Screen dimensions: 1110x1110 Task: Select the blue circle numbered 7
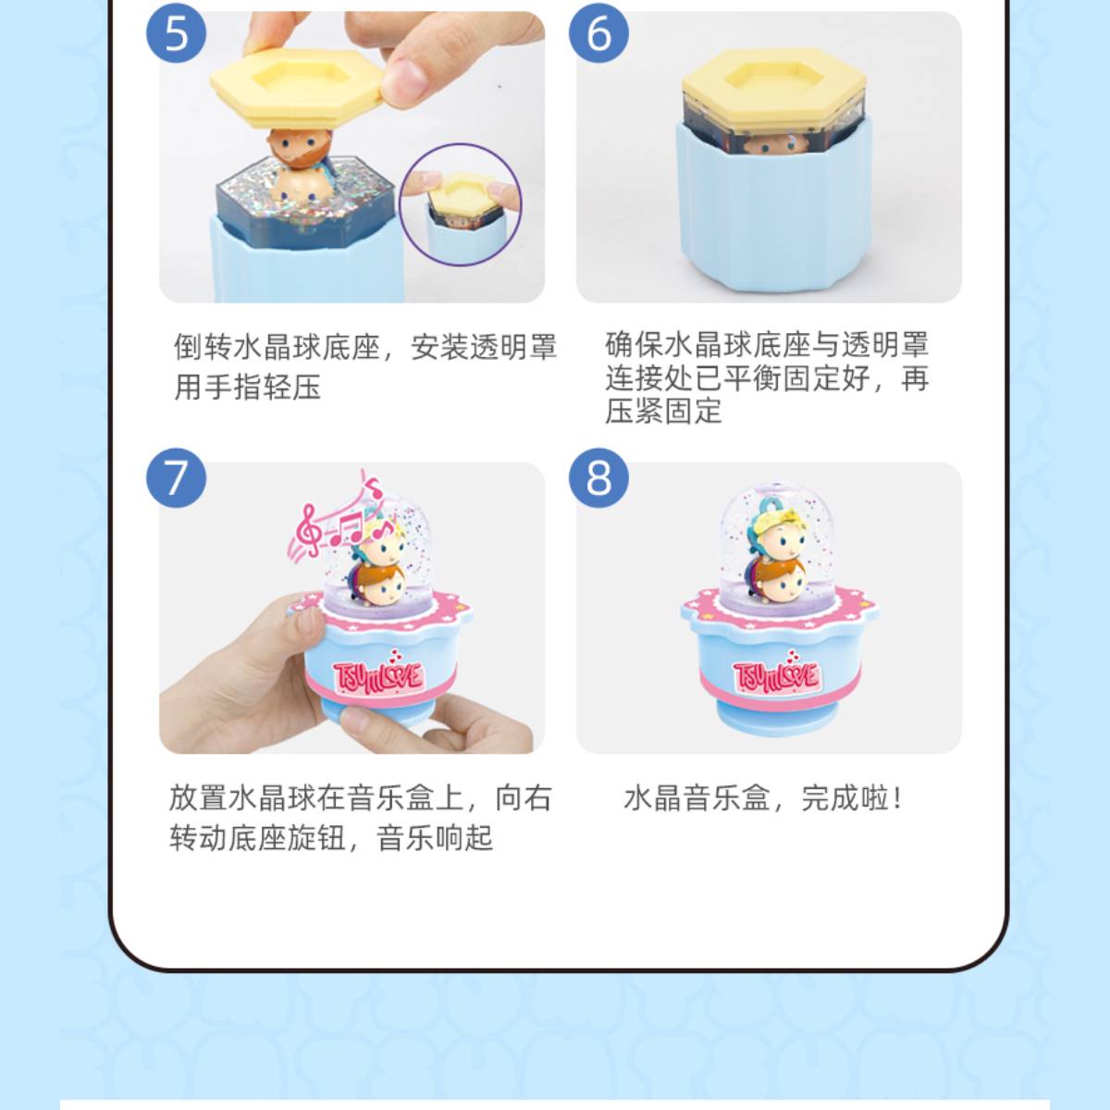177,478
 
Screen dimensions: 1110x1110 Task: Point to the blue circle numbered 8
598,478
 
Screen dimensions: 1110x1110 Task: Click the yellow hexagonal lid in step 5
297,86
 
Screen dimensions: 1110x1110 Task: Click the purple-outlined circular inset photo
461,205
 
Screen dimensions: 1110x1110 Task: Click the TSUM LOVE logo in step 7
378,674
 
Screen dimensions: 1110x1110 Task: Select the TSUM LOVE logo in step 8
776,674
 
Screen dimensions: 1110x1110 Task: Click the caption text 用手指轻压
247,387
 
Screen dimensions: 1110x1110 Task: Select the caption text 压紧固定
663,412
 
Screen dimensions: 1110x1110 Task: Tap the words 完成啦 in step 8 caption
852,798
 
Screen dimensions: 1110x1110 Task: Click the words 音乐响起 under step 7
436,838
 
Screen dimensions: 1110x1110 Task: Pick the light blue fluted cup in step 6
773,207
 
